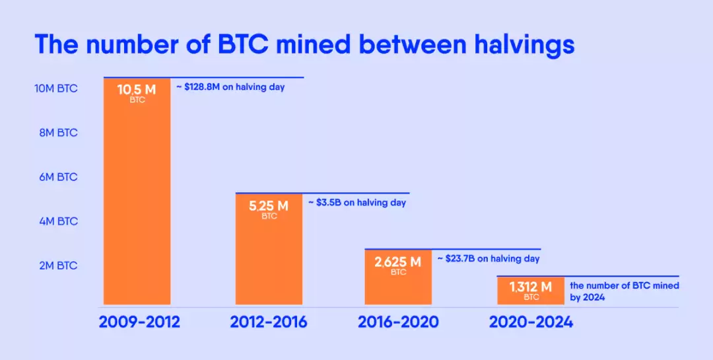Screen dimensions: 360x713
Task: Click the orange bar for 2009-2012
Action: click(137, 198)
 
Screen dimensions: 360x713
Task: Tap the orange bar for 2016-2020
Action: click(399, 284)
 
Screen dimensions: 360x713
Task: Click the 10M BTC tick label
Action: click(56, 89)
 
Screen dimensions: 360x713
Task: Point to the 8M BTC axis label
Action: click(57, 133)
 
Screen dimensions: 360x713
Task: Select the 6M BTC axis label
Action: click(57, 177)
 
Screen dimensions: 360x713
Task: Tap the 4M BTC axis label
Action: click(57, 221)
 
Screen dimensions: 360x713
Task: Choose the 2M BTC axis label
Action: click(57, 266)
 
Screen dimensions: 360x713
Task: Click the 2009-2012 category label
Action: click(139, 323)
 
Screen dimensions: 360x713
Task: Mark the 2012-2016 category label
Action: click(268, 323)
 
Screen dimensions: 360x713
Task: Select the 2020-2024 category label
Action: click(531, 323)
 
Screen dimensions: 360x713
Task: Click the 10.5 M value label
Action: click(137, 90)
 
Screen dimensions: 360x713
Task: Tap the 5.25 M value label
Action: click(269, 206)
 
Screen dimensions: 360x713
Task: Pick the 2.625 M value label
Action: click(397, 262)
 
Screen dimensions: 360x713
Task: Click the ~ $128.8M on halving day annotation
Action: click(230, 87)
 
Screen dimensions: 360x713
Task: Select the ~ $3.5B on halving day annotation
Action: click(357, 203)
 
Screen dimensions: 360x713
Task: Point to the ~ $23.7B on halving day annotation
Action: click(489, 259)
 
